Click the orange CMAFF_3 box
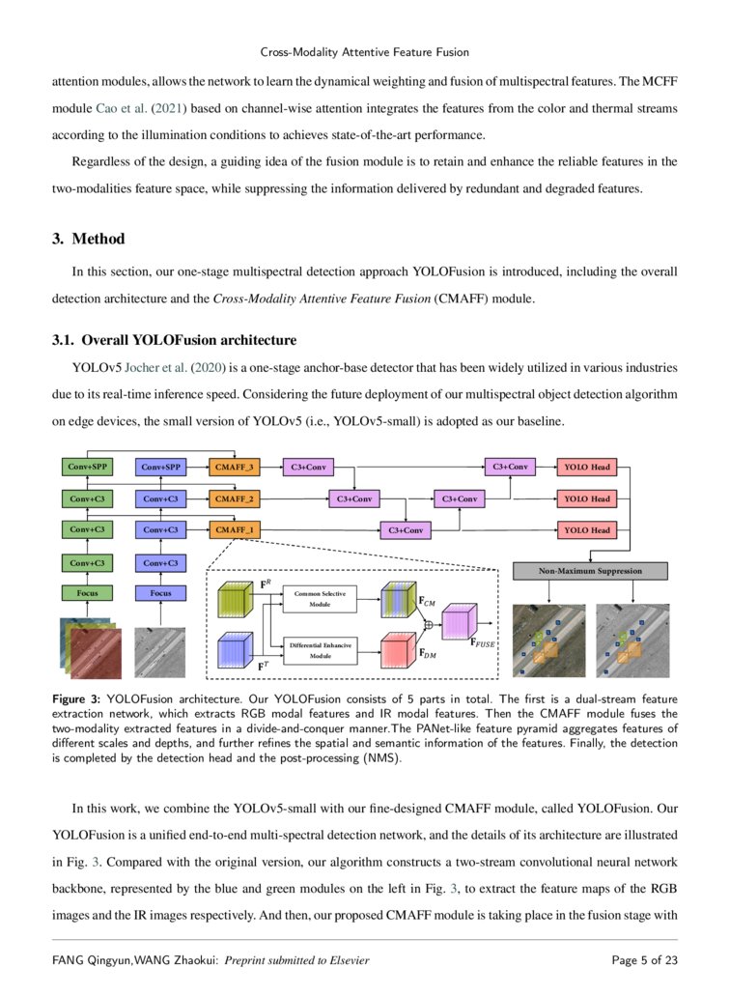[236, 468]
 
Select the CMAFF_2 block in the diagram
[236, 498]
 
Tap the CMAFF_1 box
[236, 529]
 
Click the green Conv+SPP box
[88, 468]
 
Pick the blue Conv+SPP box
[160, 468]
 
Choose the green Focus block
[88, 592]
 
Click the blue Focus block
[160, 592]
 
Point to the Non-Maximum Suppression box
[590, 571]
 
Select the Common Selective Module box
[319, 598]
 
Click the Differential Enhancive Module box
[319, 649]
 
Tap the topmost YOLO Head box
[587, 468]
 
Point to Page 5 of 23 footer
[644, 960]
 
